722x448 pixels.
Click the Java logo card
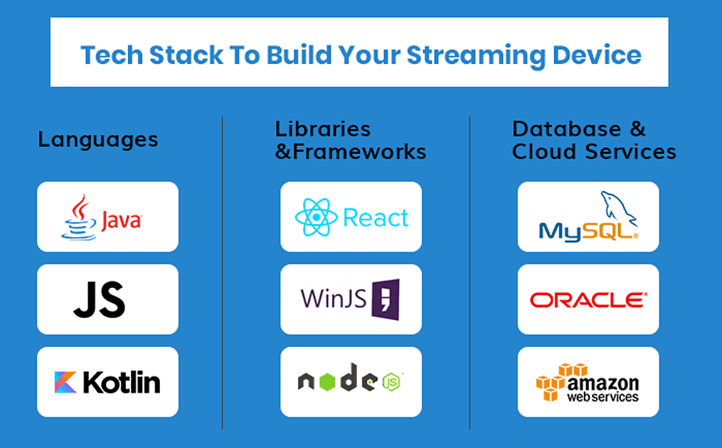point(107,216)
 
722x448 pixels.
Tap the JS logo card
point(107,300)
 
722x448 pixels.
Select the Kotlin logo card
point(107,382)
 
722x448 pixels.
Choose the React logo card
point(351,216)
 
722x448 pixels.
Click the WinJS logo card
point(351,300)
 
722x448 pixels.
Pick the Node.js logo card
point(351,382)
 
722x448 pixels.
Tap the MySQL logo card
point(588,216)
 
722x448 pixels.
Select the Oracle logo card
point(588,300)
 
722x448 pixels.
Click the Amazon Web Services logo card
point(588,382)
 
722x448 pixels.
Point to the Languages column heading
point(98,140)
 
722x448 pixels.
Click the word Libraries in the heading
point(323,129)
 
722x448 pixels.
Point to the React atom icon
point(316,218)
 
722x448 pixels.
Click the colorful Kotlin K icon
point(66,383)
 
